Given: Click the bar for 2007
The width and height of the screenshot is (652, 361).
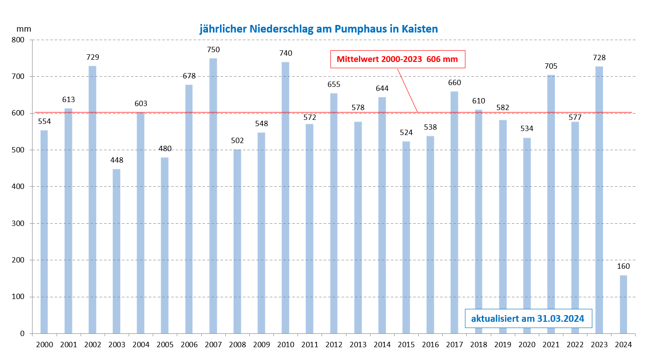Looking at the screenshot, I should pos(213,196).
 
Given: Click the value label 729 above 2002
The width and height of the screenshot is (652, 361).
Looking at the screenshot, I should pos(93,57).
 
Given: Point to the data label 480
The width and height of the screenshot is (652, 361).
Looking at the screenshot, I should pos(165,149).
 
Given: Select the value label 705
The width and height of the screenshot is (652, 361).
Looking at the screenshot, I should pos(551,66).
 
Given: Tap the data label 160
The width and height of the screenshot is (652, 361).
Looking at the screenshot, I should pos(623,267).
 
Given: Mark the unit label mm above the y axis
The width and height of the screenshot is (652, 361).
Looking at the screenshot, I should pos(24,29).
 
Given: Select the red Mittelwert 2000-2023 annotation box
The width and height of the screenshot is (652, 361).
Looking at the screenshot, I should pos(397,59).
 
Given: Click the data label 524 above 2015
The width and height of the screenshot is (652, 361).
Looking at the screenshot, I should pos(406,133).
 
